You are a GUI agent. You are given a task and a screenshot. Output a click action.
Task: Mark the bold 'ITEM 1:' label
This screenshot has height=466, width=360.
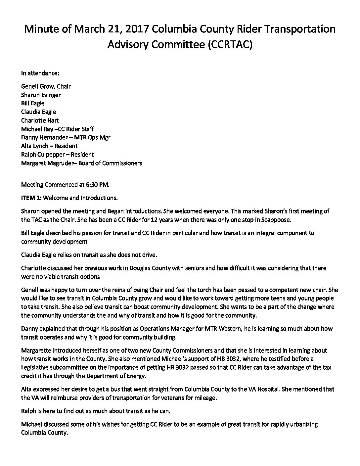pyautogui.click(x=31, y=198)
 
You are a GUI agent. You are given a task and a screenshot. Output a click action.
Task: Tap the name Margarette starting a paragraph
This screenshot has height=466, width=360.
pyautogui.click(x=35, y=350)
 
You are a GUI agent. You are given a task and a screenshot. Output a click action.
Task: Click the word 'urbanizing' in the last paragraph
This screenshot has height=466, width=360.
pyautogui.click(x=303, y=424)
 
